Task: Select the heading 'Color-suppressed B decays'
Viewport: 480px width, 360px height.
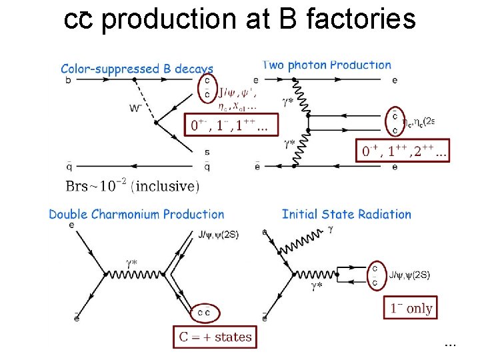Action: click(137, 69)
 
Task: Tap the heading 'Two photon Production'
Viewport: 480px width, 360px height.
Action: click(327, 65)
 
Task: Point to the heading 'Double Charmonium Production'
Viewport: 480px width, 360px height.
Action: click(137, 214)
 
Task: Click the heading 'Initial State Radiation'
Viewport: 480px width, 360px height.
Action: click(347, 214)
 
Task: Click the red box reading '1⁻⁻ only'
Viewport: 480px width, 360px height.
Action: click(411, 308)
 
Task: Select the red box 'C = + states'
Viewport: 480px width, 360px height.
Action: click(215, 337)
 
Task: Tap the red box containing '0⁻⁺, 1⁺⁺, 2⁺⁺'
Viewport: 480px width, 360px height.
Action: click(405, 151)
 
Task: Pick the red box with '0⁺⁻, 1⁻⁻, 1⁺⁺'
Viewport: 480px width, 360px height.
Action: click(231, 125)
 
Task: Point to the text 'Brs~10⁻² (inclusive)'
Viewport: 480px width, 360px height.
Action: click(132, 186)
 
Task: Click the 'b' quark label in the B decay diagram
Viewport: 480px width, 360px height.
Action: click(68, 81)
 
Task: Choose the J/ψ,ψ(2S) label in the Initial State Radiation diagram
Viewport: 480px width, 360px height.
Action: click(409, 275)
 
